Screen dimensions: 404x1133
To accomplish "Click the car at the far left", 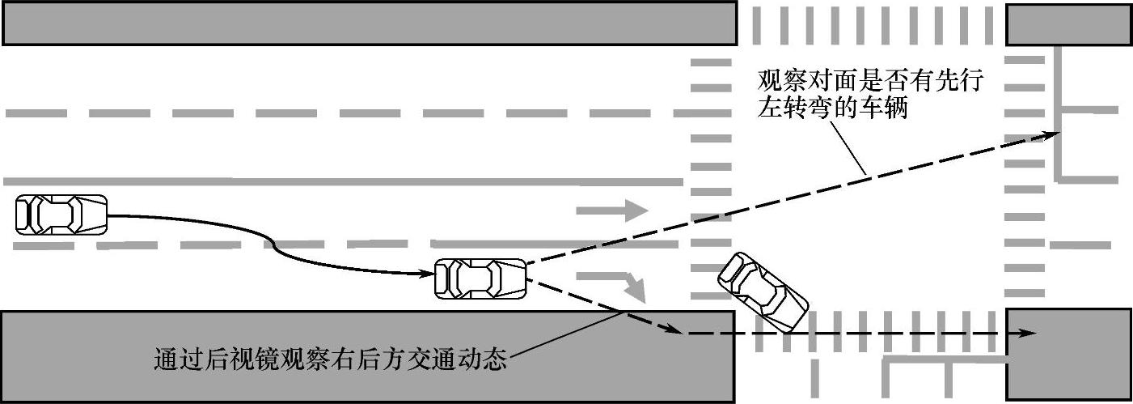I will (x=61, y=215).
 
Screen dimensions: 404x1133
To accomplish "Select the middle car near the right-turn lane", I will (x=480, y=279).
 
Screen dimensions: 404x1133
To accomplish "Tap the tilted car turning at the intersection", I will (x=763, y=292).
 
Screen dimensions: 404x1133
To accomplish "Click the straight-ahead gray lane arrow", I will (x=611, y=211).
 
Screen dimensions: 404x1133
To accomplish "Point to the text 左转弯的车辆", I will (x=832, y=108).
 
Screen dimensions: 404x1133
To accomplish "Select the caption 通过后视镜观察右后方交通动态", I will (x=330, y=359).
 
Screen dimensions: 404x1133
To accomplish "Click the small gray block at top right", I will (x=1067, y=23).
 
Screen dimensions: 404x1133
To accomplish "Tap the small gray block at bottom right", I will (x=1067, y=355).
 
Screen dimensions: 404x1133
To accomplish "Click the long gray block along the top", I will (x=369, y=23).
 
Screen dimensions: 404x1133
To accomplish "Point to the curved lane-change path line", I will (x=275, y=242).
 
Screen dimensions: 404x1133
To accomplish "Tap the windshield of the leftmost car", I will (x=78, y=215).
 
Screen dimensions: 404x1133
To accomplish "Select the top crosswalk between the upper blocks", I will (x=870, y=24).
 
